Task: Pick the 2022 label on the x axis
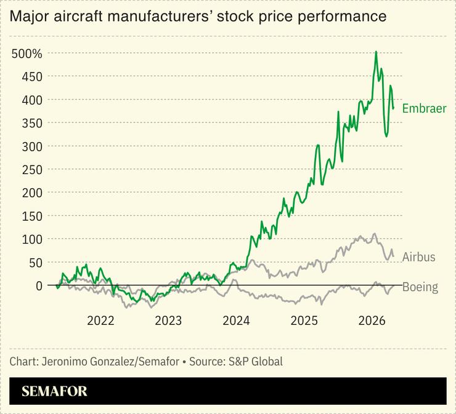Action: click(100, 320)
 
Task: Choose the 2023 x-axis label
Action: click(168, 320)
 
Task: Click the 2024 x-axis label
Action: click(236, 320)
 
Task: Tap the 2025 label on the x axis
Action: click(304, 320)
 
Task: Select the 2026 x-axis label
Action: click(372, 320)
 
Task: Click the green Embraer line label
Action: click(424, 109)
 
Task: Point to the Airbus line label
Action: click(418, 257)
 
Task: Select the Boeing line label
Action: click(420, 287)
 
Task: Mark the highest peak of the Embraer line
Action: click(376, 52)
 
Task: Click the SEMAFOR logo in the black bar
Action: click(54, 391)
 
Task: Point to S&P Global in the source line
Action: click(256, 361)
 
